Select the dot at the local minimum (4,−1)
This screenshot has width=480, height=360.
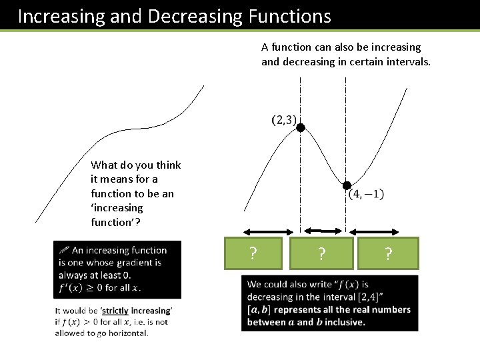tap(346, 186)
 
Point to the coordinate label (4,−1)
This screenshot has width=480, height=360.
tap(366, 195)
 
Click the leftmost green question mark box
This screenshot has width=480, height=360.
tap(253, 253)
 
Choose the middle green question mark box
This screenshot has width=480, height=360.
tap(322, 253)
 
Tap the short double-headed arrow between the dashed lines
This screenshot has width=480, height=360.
tap(323, 229)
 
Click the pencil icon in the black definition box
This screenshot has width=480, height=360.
tap(64, 250)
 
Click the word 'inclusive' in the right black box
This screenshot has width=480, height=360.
tap(343, 322)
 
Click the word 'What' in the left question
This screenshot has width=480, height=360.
tap(103, 165)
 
